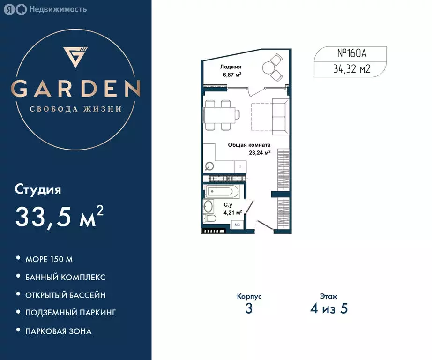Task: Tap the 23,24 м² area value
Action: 261,152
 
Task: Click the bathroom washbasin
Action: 208,206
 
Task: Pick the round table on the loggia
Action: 268,68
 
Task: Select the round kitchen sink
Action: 209,166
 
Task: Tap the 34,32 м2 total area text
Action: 352,70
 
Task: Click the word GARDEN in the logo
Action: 76,89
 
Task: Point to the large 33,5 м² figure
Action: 59,217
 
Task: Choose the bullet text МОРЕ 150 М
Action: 49,259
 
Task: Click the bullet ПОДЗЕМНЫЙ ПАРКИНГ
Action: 70,312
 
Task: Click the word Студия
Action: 38,190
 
